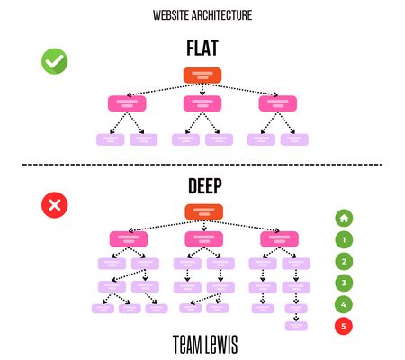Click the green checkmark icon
point(55,61)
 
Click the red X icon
point(55,205)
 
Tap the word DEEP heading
point(202,187)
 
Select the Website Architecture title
point(202,15)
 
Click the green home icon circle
point(344,218)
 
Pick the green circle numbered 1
point(344,239)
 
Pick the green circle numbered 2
point(344,261)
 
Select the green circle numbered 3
point(344,283)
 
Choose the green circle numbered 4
point(344,304)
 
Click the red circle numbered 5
point(344,326)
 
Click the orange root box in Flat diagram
point(202,76)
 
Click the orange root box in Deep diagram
point(202,212)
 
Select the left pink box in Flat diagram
point(127,103)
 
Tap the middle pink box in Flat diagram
point(202,103)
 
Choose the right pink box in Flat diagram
point(277,103)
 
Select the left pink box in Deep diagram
point(127,239)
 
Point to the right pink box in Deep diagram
point(277,239)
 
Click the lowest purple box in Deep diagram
point(296,326)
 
